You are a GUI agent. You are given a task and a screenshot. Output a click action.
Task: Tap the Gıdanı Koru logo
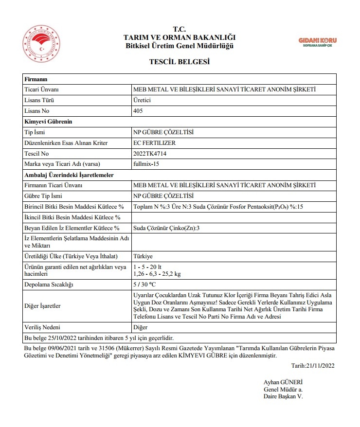point(317,42)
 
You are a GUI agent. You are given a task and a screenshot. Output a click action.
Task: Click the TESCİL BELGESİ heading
point(180,62)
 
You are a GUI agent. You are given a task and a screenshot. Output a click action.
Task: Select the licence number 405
point(138,111)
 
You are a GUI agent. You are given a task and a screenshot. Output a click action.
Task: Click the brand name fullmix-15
point(146,164)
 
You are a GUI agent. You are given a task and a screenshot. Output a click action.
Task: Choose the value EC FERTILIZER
point(154,143)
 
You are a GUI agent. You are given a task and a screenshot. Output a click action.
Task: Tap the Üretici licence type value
point(142,100)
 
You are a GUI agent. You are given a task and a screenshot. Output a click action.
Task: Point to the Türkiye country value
point(143,256)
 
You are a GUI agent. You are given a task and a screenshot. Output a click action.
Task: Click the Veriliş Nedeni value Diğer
point(140,327)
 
